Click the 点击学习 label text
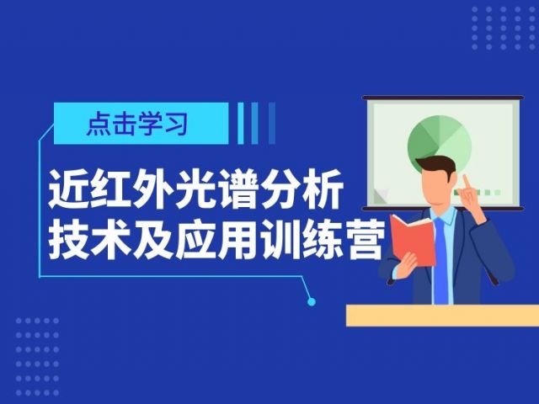[x=137, y=124]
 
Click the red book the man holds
[x=413, y=239]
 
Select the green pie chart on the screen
[x=440, y=144]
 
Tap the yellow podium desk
[x=442, y=316]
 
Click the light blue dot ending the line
[x=312, y=302]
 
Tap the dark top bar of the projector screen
[x=443, y=98]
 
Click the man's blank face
[x=436, y=187]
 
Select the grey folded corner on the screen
[x=381, y=195]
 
